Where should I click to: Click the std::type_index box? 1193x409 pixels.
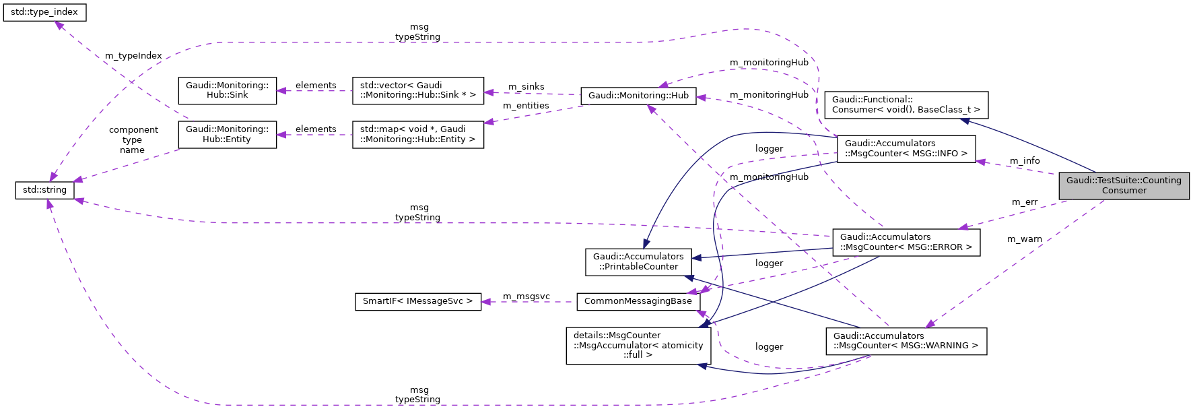click(x=44, y=12)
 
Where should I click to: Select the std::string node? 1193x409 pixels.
click(x=44, y=190)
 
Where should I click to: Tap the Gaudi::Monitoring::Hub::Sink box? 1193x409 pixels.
click(x=227, y=90)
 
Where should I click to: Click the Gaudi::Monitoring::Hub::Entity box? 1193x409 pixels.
click(x=227, y=134)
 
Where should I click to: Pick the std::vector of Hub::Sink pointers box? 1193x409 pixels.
click(x=417, y=90)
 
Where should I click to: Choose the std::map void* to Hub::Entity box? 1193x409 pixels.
click(x=417, y=134)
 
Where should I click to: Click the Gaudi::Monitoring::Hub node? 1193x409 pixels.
click(x=638, y=96)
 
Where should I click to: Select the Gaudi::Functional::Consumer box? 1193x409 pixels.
click(x=906, y=104)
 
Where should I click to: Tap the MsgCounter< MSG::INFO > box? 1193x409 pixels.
click(x=906, y=148)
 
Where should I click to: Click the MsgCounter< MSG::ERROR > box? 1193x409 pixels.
click(x=906, y=242)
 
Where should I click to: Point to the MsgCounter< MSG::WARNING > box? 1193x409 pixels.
click(x=906, y=341)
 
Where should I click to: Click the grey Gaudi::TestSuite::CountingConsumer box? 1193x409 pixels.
click(x=1124, y=185)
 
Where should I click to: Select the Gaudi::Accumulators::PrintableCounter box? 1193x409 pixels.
click(x=638, y=261)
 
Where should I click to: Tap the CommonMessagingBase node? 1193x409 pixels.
click(x=638, y=301)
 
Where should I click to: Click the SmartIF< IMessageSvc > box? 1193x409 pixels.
click(x=417, y=301)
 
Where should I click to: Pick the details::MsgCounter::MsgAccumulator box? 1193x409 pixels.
click(x=638, y=345)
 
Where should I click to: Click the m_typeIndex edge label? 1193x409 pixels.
click(x=133, y=56)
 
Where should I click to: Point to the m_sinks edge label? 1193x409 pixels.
click(x=526, y=87)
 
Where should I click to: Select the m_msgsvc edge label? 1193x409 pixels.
click(x=526, y=296)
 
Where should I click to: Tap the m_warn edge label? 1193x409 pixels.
click(x=1024, y=239)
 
